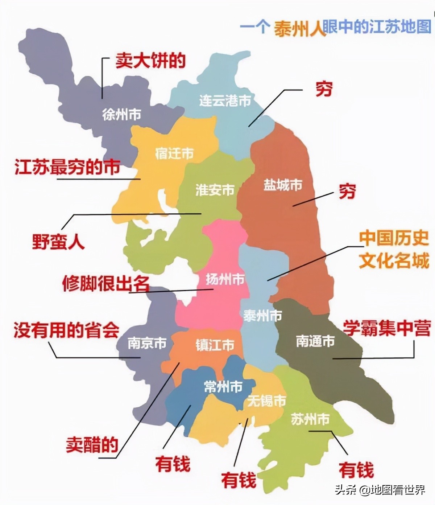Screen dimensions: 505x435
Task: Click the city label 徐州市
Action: (121, 115)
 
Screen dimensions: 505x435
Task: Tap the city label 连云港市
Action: (225, 100)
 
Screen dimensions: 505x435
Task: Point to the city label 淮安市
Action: (215, 190)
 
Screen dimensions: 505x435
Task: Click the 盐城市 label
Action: (283, 185)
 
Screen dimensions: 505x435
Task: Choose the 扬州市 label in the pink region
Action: (225, 279)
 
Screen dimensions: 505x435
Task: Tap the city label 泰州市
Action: (262, 316)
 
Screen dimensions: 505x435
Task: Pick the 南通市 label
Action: (315, 341)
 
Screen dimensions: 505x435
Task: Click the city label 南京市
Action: (147, 343)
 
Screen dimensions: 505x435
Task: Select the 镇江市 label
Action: (215, 345)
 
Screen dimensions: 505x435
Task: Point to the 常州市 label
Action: (223, 387)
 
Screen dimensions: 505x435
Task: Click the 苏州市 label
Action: (310, 419)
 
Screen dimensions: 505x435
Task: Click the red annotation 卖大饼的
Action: (150, 61)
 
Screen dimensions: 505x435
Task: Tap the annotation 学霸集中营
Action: (387, 328)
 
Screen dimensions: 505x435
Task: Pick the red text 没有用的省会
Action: (66, 330)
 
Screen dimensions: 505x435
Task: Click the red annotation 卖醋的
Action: (92, 444)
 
